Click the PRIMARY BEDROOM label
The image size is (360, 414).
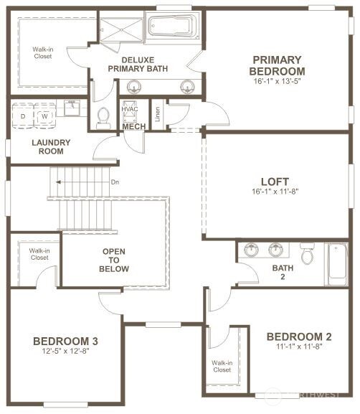277,65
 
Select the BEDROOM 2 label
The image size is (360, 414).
298,337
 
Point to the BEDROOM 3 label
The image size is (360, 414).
65,341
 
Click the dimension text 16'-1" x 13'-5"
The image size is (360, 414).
277,83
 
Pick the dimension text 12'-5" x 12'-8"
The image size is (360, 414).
65,352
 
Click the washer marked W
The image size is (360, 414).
44,115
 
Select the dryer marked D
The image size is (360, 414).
23,115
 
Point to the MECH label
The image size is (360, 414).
134,127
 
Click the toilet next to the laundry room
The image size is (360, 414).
103,117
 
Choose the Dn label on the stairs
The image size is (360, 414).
115,182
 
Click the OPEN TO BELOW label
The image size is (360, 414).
115,260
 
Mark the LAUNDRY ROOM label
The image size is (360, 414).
48,147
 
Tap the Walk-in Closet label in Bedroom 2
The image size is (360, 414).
222,367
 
